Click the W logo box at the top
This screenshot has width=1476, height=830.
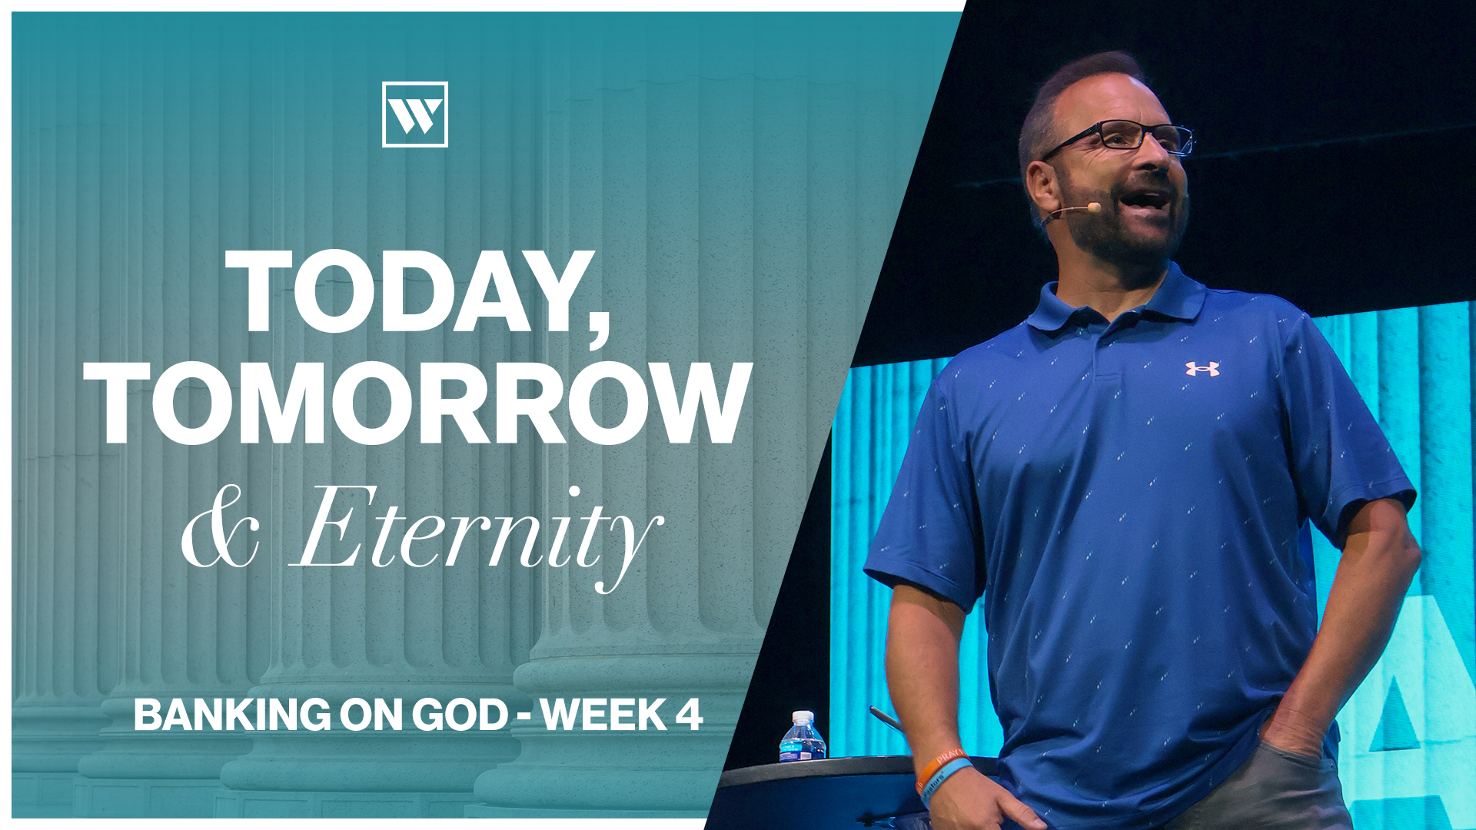coord(415,115)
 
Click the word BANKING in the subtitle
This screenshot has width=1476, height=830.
coord(233,715)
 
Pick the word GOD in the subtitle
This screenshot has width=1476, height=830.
coord(460,715)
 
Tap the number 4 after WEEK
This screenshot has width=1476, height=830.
coord(689,715)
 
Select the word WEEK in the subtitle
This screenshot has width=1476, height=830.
coord(603,715)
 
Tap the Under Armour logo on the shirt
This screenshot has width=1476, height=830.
coord(1202,369)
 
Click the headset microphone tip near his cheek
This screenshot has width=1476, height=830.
coord(1094,207)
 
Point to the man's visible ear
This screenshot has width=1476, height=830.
coord(1043,191)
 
